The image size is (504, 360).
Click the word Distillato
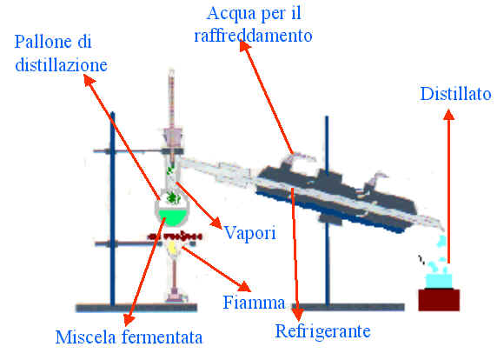coord(456,94)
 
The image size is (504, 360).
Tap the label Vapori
coord(249,232)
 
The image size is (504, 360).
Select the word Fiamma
coord(255,303)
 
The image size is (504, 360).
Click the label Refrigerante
coord(323,331)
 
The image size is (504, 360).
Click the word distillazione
coord(61,65)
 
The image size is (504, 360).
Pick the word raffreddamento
coord(253,36)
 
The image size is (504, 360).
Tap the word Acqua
coord(228,15)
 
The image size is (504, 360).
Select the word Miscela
coord(85,337)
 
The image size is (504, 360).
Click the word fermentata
coord(162,337)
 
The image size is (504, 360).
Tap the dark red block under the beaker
coord(439,300)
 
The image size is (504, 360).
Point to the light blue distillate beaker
coord(439,281)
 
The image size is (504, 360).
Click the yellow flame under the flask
coord(173,248)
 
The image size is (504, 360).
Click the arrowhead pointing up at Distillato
coord(448,115)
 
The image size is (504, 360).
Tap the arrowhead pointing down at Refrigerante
coord(298,315)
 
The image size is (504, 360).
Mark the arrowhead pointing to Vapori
coord(216,223)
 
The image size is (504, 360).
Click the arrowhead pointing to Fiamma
coord(244,286)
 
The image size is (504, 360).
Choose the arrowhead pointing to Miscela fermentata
coord(129,319)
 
